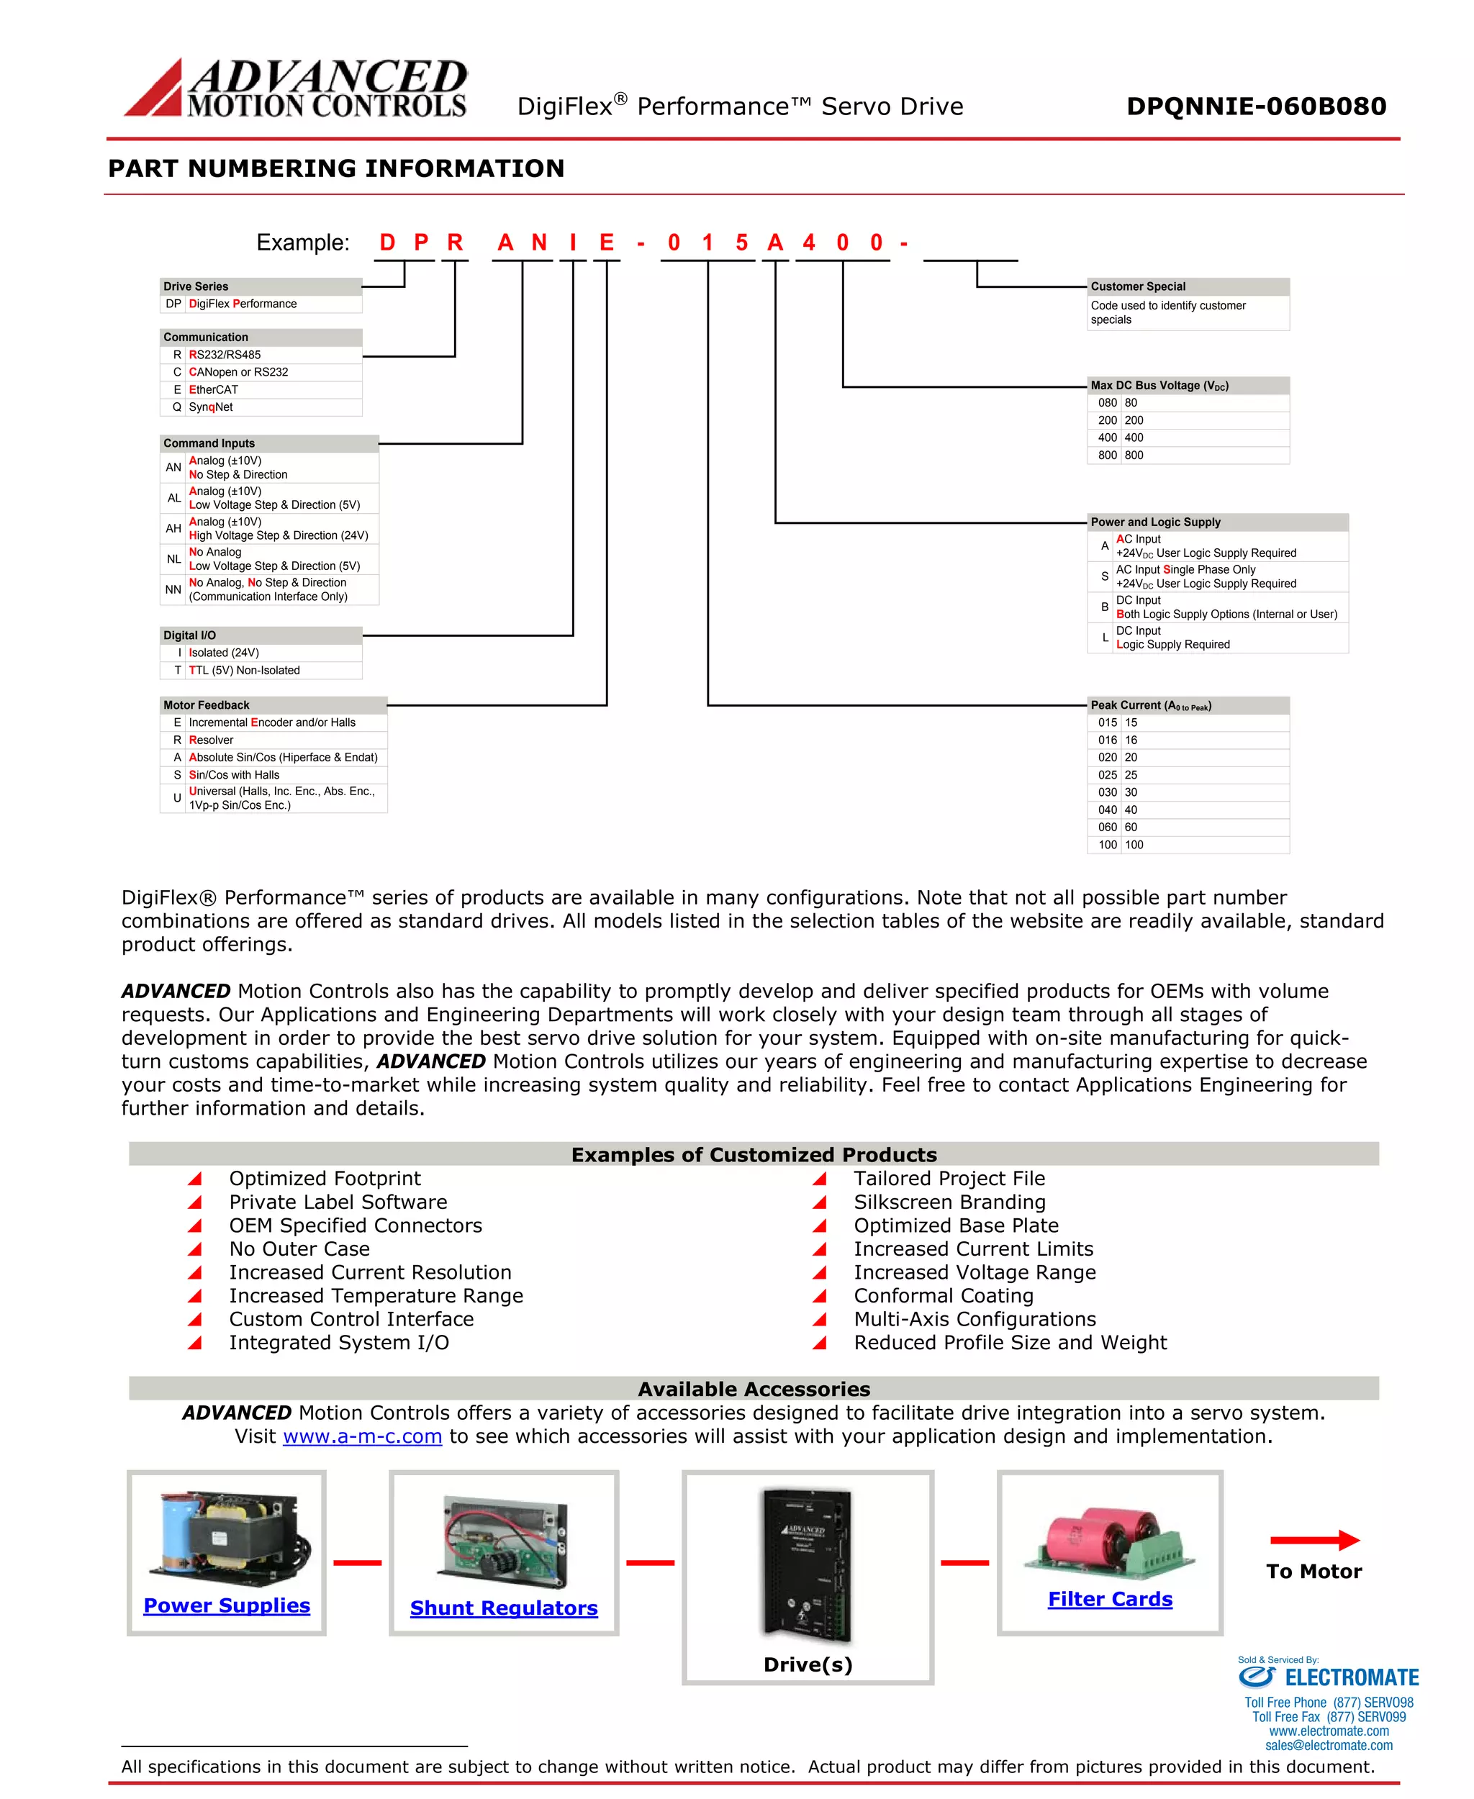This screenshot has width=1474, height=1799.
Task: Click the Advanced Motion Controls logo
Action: pos(297,88)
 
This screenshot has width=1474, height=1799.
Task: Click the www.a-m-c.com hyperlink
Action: pos(363,1436)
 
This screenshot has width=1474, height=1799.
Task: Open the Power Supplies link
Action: pos(227,1605)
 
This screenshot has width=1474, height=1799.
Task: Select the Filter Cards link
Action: pos(1110,1599)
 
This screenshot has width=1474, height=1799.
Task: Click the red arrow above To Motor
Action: pos(1314,1540)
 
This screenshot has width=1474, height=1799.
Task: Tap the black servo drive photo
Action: pos(807,1563)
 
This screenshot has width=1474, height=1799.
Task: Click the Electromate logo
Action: pos(1328,1677)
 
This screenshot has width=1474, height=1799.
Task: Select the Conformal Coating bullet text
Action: pos(944,1295)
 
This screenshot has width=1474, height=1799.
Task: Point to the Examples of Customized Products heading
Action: pos(754,1155)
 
